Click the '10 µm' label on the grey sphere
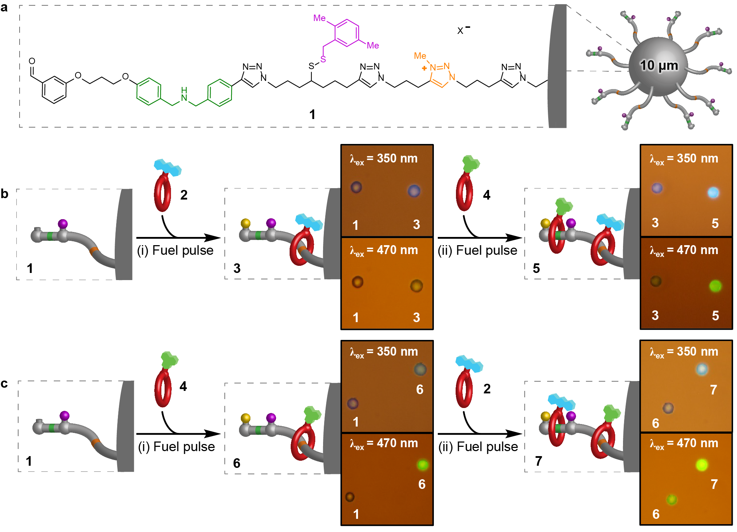[x=659, y=66]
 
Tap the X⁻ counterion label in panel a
[x=463, y=30]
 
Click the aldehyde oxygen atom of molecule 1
[x=32, y=61]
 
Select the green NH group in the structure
[x=184, y=94]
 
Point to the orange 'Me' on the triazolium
[x=420, y=56]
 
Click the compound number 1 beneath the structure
[x=312, y=115]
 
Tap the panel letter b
[x=5, y=194]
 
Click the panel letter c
[x=4, y=383]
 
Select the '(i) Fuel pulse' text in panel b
[x=175, y=250]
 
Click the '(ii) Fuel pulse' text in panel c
[x=478, y=447]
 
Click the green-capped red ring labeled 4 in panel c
[x=164, y=381]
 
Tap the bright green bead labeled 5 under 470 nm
[x=715, y=286]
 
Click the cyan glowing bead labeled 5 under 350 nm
[x=713, y=193]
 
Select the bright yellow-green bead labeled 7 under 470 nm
[x=702, y=465]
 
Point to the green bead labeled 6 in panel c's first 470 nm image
[x=422, y=465]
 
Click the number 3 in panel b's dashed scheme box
[x=237, y=268]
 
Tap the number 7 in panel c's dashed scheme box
[x=538, y=461]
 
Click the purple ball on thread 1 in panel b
[x=63, y=224]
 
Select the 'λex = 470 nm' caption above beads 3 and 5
[x=684, y=250]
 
